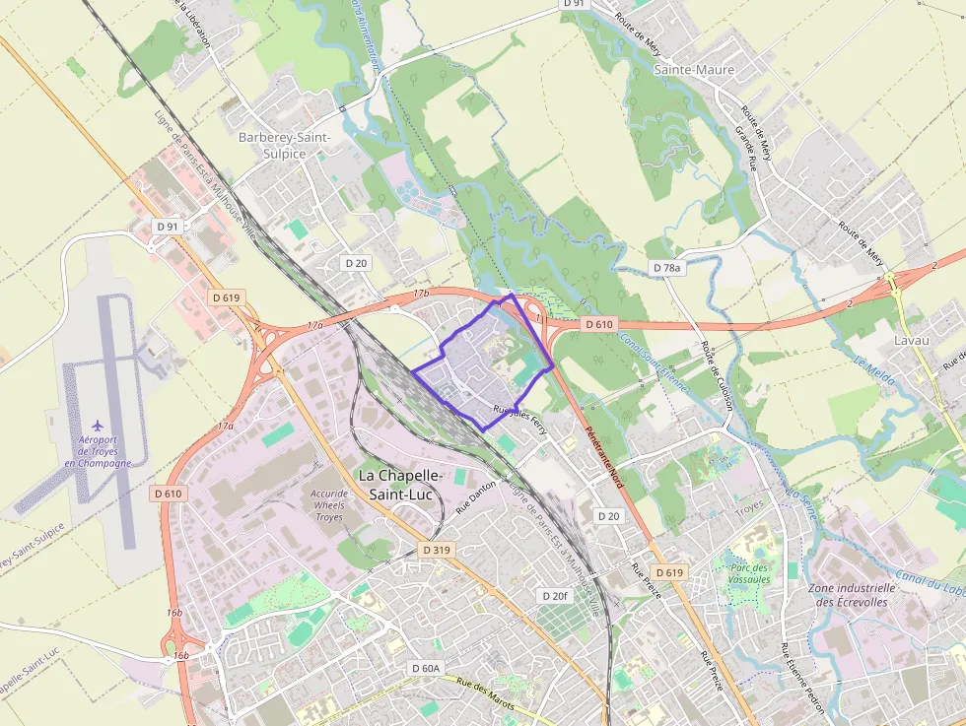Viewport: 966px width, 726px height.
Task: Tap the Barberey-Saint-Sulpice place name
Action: (x=285, y=146)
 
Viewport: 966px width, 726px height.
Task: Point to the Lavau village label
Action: (x=911, y=340)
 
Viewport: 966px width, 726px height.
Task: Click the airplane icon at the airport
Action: (x=97, y=427)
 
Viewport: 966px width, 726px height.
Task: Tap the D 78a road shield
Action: (x=667, y=268)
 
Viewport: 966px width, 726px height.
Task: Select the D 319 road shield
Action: (x=435, y=550)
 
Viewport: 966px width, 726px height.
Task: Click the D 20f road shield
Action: (x=555, y=596)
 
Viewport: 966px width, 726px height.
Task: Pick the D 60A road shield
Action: (x=425, y=669)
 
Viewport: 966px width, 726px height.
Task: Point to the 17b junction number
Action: (x=422, y=294)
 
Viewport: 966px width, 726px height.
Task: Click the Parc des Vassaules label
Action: (x=748, y=573)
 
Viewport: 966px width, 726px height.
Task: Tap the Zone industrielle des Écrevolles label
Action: (x=852, y=595)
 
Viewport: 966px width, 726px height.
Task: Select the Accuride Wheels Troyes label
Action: (x=329, y=505)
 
